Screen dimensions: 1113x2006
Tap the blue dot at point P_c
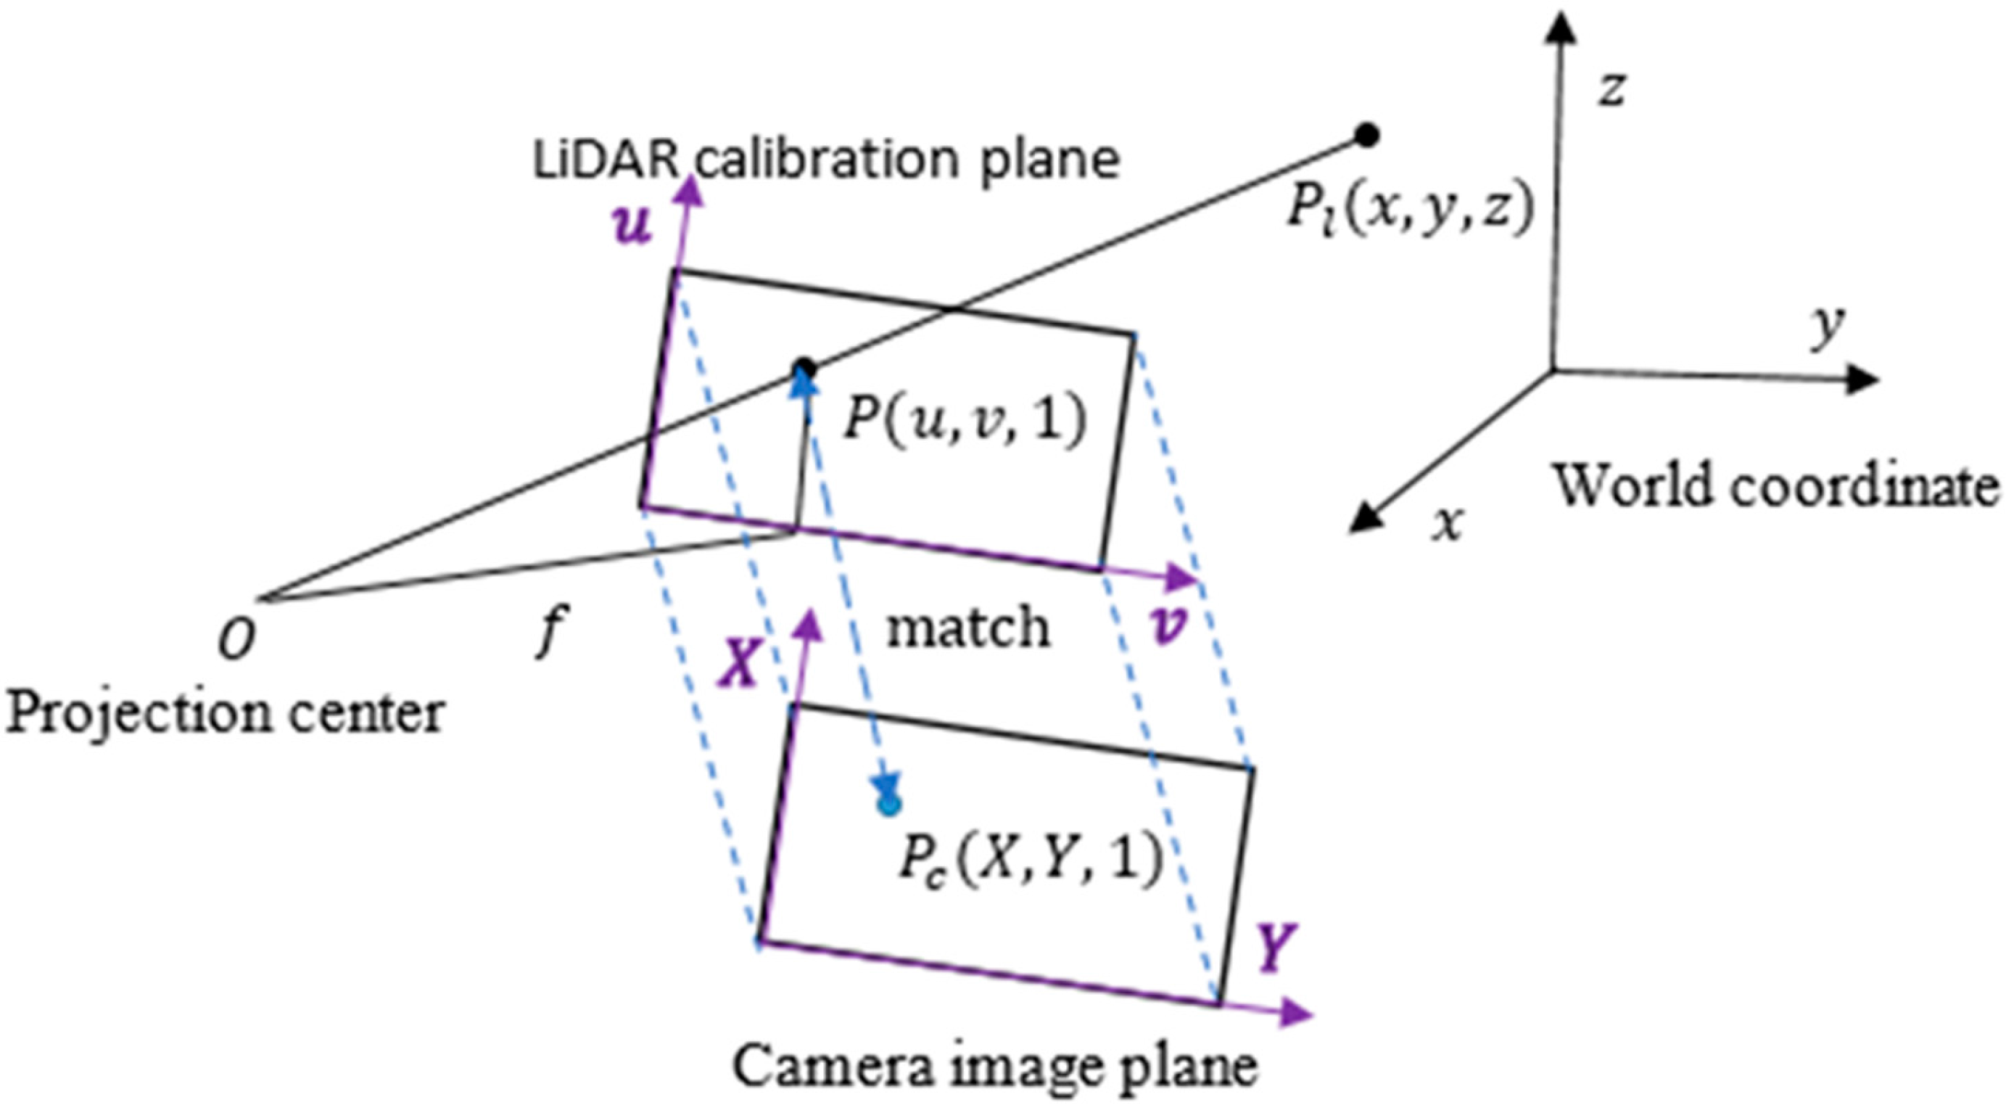tap(889, 805)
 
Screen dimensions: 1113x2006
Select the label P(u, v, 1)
tap(965, 422)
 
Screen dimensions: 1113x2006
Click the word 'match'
tap(968, 628)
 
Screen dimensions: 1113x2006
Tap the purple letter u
tap(632, 227)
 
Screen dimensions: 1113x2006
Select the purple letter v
tap(1168, 626)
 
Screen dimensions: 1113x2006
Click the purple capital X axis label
tap(738, 663)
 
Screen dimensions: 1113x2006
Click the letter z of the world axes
tap(1613, 88)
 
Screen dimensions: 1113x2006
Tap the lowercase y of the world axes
tap(1827, 327)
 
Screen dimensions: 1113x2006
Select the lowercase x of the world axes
tap(1448, 522)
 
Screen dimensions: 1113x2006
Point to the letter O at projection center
tap(235, 641)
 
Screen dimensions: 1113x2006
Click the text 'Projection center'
tap(225, 712)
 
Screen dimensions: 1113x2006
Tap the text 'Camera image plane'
tap(995, 1066)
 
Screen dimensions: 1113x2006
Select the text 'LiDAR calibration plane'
tap(826, 160)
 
